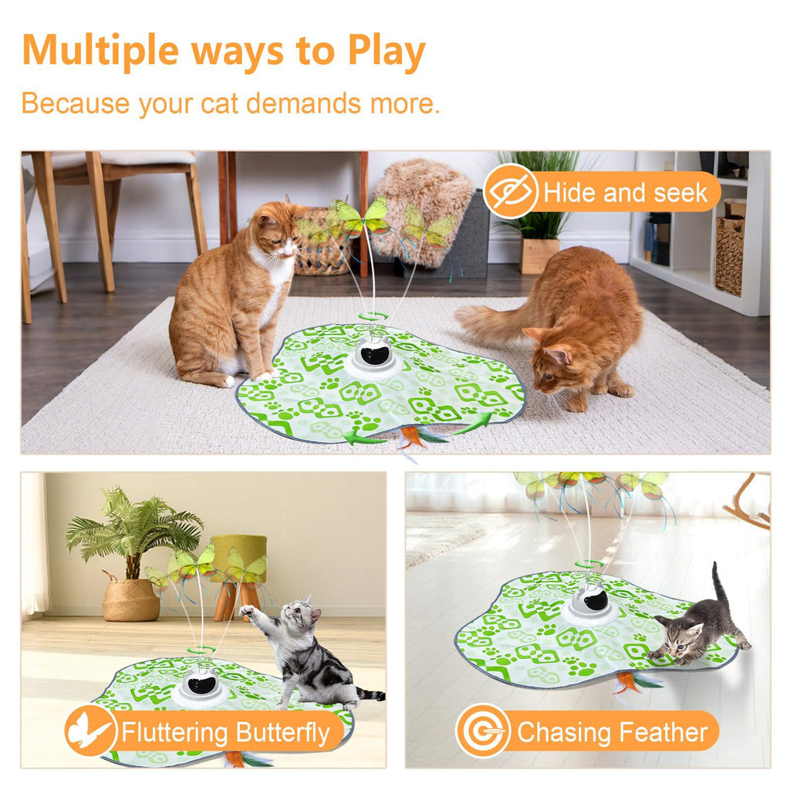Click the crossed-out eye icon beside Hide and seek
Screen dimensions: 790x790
(x=510, y=191)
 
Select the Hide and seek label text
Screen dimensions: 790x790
(x=625, y=193)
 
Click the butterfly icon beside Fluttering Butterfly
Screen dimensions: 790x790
(x=90, y=731)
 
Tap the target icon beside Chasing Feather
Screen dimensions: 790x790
(x=483, y=731)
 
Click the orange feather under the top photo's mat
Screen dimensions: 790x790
(x=410, y=437)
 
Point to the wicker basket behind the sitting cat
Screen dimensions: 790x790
(x=320, y=247)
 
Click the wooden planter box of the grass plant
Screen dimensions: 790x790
(x=539, y=255)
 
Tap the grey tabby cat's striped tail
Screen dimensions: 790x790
(x=370, y=695)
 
